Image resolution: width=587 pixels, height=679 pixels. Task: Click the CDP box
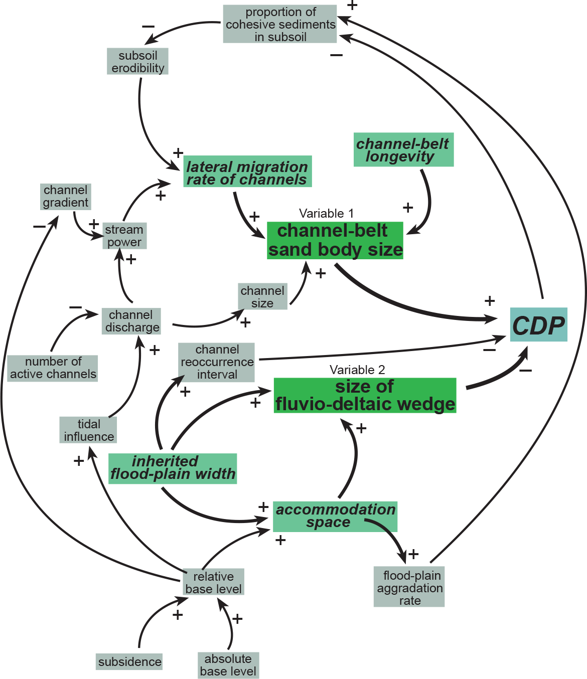tap(538, 325)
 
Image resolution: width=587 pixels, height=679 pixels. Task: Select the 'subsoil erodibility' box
tap(137, 62)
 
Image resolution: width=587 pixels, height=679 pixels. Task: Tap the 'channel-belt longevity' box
tap(403, 149)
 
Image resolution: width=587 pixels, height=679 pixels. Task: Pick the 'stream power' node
tap(124, 236)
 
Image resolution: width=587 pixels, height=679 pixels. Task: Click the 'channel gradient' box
tap(66, 196)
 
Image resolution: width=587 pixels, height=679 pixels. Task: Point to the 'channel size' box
tap(262, 296)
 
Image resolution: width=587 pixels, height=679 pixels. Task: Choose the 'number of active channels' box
tap(53, 368)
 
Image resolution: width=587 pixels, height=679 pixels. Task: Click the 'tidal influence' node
tap(89, 430)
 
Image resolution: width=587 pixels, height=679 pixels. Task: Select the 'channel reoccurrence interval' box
tap(217, 362)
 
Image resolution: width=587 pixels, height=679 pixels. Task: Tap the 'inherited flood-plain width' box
tap(173, 468)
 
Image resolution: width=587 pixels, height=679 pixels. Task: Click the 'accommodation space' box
tap(335, 516)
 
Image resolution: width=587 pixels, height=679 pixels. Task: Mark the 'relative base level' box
tap(213, 582)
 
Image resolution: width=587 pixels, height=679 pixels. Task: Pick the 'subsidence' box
tap(129, 662)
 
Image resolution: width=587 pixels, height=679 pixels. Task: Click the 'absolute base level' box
tap(228, 665)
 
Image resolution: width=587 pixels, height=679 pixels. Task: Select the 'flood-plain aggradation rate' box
tap(409, 588)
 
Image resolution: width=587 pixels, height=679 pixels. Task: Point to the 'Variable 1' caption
tap(326, 214)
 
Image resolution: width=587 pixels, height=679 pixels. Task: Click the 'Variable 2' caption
tap(357, 370)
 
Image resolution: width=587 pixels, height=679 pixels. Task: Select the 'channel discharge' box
tap(131, 321)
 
